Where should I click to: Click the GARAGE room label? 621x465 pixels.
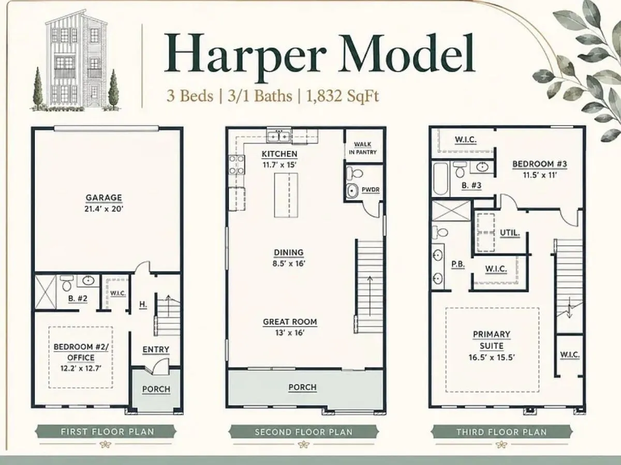[x=104, y=198]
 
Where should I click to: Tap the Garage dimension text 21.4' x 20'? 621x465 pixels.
[x=104, y=209]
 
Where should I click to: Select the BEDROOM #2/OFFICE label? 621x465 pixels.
[x=81, y=352]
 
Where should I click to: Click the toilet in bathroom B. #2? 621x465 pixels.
[x=66, y=283]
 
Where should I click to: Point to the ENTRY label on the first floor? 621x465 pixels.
[x=156, y=350]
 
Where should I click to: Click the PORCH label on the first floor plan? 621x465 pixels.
[x=156, y=389]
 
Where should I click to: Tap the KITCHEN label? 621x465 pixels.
[x=279, y=154]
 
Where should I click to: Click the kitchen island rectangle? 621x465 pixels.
[x=286, y=195]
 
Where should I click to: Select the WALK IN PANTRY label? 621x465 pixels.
[x=363, y=148]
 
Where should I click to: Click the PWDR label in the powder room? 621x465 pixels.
[x=371, y=190]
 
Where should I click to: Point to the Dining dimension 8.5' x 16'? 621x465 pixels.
[x=289, y=263]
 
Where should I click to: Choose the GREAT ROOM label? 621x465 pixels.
[x=290, y=322]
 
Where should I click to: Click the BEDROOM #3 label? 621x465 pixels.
[x=540, y=164]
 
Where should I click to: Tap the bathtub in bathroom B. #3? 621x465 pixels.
[x=441, y=178]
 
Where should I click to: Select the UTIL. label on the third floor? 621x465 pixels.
[x=510, y=233]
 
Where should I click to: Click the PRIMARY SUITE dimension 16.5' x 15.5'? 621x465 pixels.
[x=492, y=358]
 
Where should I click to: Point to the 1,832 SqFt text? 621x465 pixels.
[x=343, y=96]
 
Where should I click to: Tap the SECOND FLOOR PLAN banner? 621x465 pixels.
[x=304, y=432]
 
